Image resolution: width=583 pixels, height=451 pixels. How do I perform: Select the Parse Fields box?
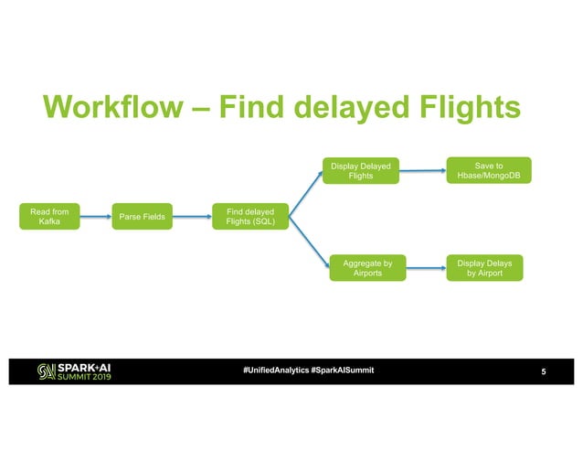[141, 217]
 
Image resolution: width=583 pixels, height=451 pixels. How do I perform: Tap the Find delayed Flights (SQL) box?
[249, 217]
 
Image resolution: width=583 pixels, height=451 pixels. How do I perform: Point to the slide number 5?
[545, 370]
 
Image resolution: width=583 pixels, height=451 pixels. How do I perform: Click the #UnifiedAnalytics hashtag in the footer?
[274, 370]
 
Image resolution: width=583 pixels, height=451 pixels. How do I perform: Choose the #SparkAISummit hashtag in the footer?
[342, 370]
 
